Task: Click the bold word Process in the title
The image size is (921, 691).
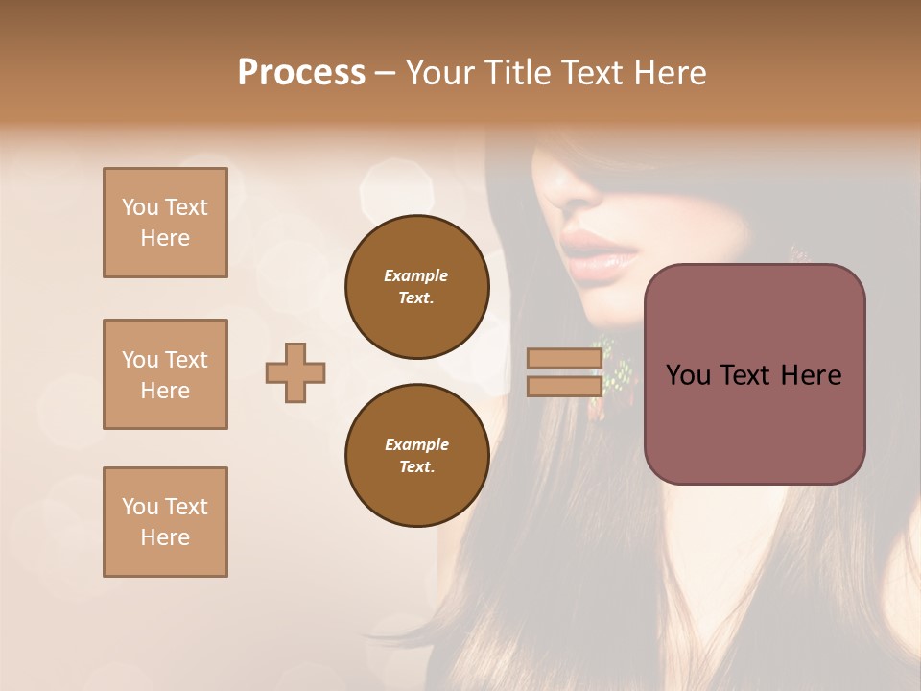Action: point(301,72)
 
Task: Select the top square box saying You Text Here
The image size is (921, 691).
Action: point(165,223)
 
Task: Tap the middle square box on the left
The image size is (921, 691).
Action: point(165,374)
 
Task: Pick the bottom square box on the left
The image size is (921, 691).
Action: point(165,522)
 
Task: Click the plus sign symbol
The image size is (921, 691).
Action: point(295,372)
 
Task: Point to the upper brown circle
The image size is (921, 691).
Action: point(416,286)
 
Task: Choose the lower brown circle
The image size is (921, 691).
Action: point(416,455)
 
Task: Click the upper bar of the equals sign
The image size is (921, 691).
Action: point(564,359)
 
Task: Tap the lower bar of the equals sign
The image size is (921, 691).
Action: point(564,386)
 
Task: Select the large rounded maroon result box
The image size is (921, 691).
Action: point(754,374)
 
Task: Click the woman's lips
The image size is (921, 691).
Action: point(599,251)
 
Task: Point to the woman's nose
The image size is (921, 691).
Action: point(576,188)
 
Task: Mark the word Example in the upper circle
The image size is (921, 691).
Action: point(416,275)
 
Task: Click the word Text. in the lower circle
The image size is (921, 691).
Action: point(416,466)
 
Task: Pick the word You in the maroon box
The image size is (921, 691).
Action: point(688,374)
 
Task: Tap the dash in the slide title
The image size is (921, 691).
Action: point(386,73)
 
